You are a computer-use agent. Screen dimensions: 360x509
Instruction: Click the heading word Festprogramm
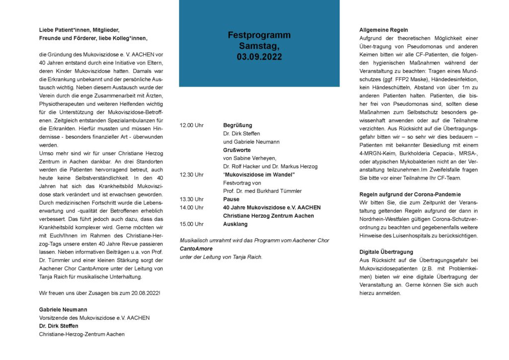pos(259,35)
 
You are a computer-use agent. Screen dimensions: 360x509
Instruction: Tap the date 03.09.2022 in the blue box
pos(259,57)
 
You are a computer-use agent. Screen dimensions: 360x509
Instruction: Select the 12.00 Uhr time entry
pos(192,126)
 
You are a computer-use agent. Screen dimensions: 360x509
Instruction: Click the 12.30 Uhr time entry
pos(192,175)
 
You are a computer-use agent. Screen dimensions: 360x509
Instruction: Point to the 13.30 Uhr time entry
pos(192,199)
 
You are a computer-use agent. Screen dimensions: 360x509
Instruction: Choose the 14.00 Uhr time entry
pos(192,207)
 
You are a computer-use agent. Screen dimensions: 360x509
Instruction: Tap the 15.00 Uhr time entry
pos(192,224)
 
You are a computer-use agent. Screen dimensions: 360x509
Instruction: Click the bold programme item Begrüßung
pos(238,126)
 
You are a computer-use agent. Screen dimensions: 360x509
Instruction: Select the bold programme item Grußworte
pos(237,150)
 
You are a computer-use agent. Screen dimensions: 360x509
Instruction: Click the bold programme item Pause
pos(232,199)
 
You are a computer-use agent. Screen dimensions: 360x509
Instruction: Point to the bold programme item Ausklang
pos(235,224)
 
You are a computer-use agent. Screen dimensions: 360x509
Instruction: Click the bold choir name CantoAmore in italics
pos(196,249)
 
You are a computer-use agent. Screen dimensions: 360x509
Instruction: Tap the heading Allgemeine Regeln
pos(384,30)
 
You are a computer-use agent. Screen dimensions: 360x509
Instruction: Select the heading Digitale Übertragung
pos(386,252)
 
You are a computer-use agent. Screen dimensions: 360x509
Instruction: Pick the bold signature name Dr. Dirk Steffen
pos(59,326)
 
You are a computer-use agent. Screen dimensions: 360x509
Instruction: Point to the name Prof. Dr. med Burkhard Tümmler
pos(262,191)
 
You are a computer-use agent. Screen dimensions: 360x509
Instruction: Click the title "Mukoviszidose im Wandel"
pos(259,175)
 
